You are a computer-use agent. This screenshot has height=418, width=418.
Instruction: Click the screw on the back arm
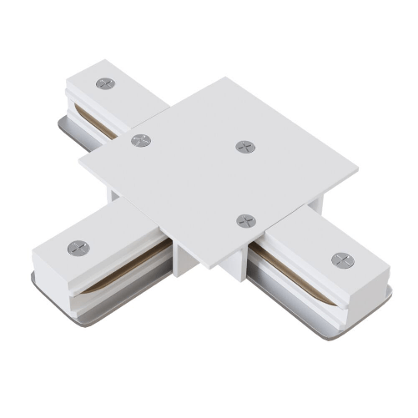[105, 83]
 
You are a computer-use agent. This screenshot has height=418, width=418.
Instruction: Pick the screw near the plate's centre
[244, 147]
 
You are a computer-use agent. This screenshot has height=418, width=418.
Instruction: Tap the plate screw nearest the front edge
[244, 220]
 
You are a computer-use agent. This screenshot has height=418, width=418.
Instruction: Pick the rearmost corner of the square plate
[227, 79]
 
